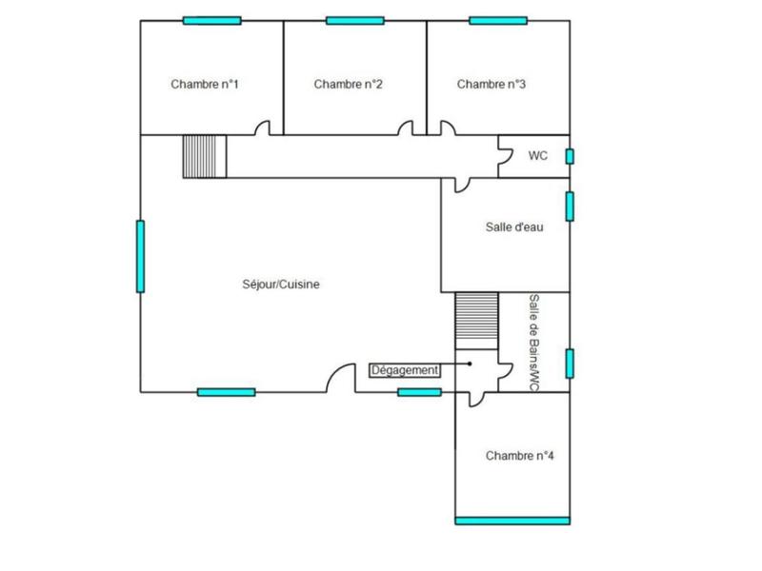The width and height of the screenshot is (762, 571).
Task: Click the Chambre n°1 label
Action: coord(204,85)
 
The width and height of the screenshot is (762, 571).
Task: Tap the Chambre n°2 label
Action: coord(348,85)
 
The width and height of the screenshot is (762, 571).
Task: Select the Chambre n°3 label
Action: coord(491,85)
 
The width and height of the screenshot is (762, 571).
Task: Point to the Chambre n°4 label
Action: coord(520,456)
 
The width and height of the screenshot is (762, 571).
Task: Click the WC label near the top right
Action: coord(537,155)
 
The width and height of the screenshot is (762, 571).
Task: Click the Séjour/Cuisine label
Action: coord(280,284)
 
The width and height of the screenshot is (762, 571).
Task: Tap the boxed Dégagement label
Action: coord(405,370)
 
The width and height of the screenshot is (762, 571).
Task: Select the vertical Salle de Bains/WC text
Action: coord(533,342)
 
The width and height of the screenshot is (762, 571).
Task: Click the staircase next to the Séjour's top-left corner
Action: coord(205,156)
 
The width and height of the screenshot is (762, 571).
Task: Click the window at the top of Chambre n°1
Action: coord(211,20)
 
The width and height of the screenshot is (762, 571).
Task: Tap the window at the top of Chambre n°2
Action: coord(354,20)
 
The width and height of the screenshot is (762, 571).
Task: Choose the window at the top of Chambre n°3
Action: coord(498,20)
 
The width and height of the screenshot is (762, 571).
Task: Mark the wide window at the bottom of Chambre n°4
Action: coord(512,521)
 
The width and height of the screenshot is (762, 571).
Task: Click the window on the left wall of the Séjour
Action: coord(141,256)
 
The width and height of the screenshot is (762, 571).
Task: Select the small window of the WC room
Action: coord(571,156)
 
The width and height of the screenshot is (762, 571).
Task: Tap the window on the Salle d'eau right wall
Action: coord(570,207)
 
